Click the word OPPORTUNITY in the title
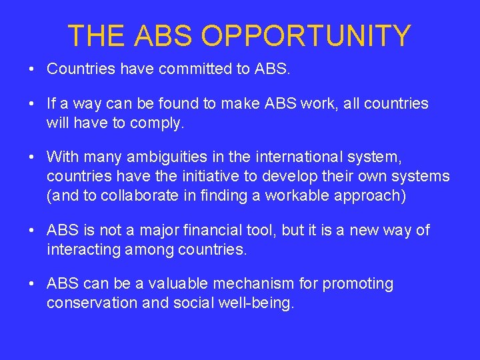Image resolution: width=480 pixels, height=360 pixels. pos(307,36)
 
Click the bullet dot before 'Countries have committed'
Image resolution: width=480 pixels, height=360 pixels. pos(31,69)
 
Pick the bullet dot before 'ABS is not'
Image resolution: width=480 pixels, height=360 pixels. pos(31,231)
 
